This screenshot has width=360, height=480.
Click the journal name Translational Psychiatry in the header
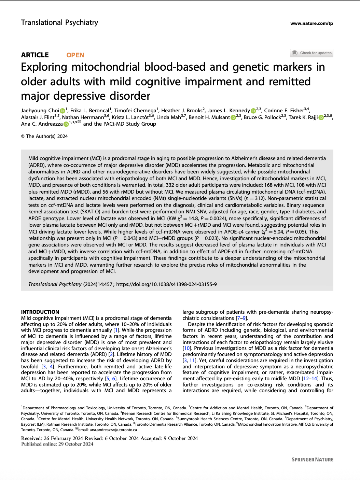pyautogui.click(x=59, y=23)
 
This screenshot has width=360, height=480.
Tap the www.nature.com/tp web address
pyautogui.click(x=311, y=24)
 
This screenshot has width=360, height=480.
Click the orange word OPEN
pyautogui.click(x=75, y=55)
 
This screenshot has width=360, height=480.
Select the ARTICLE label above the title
pyautogui.click(x=35, y=55)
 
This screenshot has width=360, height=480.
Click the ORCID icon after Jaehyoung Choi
pyautogui.click(x=63, y=111)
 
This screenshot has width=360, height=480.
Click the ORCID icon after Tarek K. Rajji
pyautogui.click(x=321, y=118)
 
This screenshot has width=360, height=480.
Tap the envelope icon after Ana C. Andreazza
pyautogui.click(x=80, y=122)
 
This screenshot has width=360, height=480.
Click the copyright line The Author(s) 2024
pyautogui.click(x=44, y=136)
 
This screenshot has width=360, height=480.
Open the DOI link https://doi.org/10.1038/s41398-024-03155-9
pyautogui.click(x=166, y=284)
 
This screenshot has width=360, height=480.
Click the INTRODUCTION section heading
pyautogui.click(x=40, y=312)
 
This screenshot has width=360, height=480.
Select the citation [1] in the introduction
pyautogui.click(x=116, y=330)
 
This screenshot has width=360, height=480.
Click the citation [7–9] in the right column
pyautogui.click(x=241, y=318)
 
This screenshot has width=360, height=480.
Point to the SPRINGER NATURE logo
pyautogui.click(x=312, y=460)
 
